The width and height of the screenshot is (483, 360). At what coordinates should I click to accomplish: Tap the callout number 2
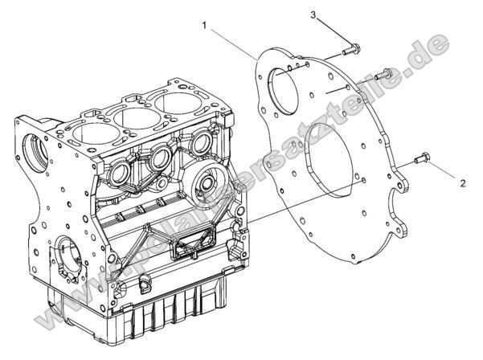462,183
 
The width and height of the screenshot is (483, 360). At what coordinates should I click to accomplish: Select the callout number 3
314,14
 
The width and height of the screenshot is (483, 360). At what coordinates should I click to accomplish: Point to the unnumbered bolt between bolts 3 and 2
383,73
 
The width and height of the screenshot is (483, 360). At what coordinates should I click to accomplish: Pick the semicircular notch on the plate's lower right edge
396,191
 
